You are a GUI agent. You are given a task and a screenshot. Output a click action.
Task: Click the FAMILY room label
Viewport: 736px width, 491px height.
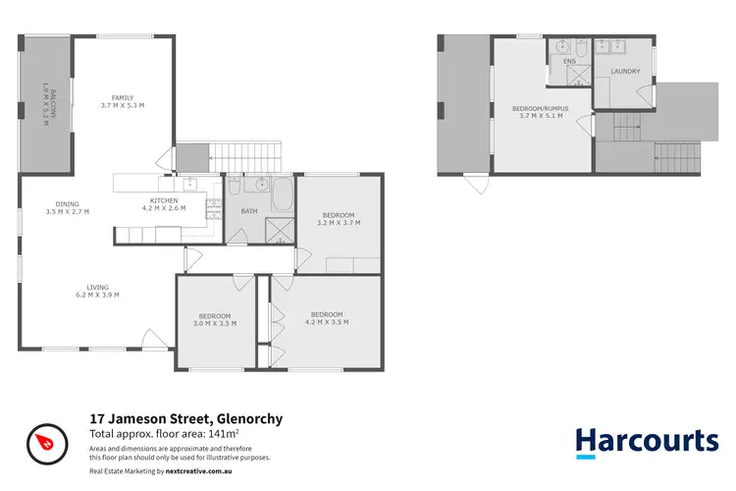(x=123, y=98)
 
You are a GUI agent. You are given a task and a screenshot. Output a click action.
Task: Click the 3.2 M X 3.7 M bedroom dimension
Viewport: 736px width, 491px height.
(x=339, y=223)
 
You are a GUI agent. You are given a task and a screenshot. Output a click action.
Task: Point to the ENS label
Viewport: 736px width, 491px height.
(x=568, y=61)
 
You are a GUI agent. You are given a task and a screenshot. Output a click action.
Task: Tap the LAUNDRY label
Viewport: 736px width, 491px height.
(x=624, y=72)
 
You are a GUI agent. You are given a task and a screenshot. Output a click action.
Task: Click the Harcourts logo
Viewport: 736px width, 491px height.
(x=646, y=439)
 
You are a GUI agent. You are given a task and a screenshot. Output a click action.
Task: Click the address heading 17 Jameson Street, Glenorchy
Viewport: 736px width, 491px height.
(x=185, y=419)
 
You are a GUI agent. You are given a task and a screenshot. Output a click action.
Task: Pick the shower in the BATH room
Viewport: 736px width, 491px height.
(x=281, y=230)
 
